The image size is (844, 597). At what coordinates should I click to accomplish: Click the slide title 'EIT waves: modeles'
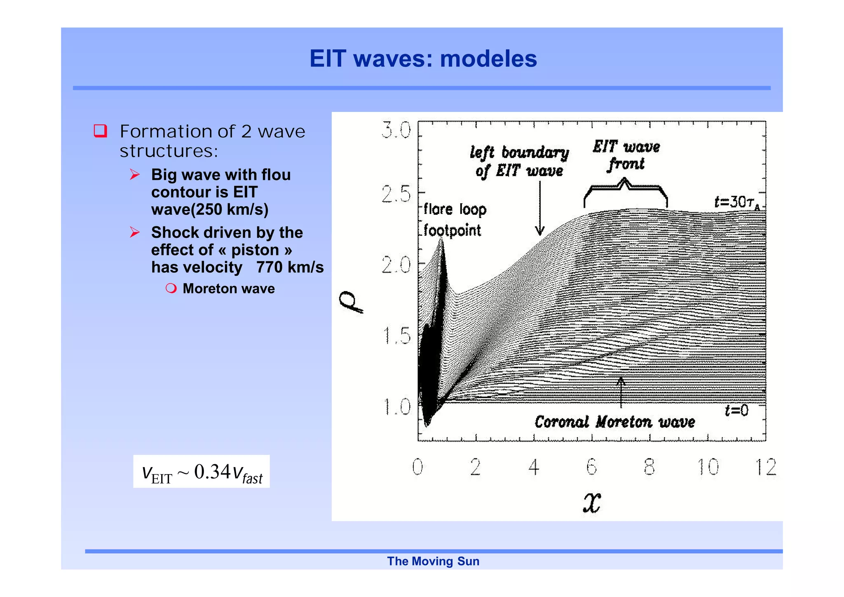tap(423, 59)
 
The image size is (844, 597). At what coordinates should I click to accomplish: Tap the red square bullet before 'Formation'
tap(100, 131)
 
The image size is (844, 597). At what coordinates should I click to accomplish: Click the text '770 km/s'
tap(290, 267)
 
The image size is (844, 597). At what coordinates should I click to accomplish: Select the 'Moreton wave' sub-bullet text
tap(228, 289)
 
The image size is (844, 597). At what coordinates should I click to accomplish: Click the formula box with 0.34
tap(202, 472)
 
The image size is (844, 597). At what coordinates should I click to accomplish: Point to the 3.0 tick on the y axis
tap(396, 131)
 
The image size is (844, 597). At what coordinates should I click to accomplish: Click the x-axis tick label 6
tap(591, 467)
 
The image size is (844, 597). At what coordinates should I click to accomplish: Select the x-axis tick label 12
tap(766, 467)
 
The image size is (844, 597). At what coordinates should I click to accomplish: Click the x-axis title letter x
tap(592, 503)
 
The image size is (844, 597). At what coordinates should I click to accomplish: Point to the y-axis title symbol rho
tap(351, 302)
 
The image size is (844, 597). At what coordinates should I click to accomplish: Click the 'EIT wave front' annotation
tap(626, 155)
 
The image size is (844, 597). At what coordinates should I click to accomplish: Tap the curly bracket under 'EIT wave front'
tap(625, 192)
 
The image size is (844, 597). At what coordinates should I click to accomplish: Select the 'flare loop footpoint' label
tap(454, 220)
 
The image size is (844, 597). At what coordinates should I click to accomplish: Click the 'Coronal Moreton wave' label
tap(614, 422)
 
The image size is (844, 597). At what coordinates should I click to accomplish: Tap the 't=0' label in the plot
tap(736, 410)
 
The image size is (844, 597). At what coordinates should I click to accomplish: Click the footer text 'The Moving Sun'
tap(433, 561)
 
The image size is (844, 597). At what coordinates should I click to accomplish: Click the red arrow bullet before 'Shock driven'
tap(135, 233)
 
